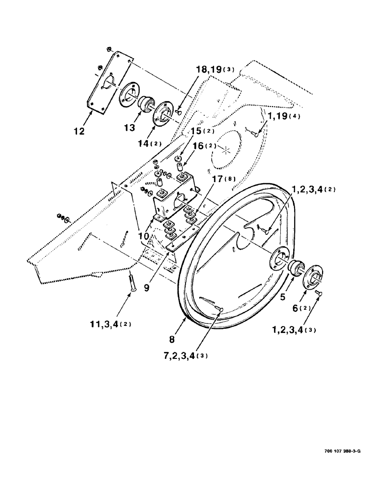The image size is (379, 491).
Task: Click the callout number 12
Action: click(x=79, y=132)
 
